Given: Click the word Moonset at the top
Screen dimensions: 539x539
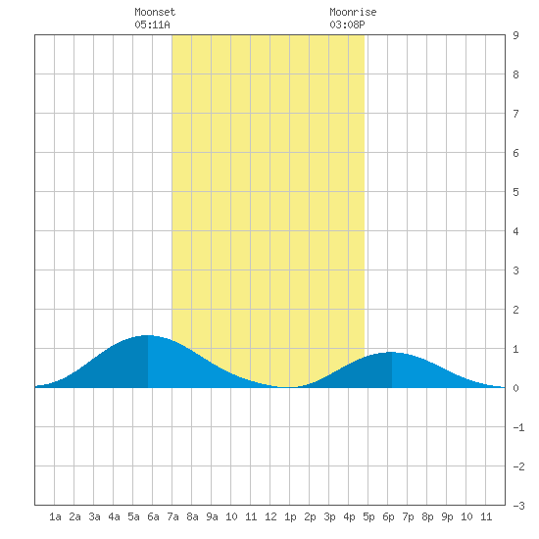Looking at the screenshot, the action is [x=155, y=12].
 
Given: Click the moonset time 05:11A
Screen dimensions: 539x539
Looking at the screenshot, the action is [x=152, y=24].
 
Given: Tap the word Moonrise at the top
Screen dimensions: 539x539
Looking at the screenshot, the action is [x=353, y=12].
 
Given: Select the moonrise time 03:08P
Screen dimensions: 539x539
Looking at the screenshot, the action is [x=347, y=24].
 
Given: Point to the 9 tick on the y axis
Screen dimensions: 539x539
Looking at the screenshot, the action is [x=515, y=35].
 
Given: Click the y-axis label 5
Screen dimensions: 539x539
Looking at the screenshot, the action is [x=515, y=192].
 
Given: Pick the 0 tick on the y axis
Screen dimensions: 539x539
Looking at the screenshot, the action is [x=515, y=388].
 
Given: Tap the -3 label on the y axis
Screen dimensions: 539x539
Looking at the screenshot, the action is [x=518, y=506].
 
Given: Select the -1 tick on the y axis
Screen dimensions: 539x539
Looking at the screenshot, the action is [x=518, y=427].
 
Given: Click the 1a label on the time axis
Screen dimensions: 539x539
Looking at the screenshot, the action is [x=55, y=516].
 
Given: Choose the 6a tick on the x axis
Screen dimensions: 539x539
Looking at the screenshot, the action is [x=153, y=516].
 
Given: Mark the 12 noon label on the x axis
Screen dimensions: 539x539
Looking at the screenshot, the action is [x=270, y=516].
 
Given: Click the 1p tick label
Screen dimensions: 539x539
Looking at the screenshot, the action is [x=290, y=516].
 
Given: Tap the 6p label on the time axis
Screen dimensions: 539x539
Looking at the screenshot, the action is [x=388, y=516].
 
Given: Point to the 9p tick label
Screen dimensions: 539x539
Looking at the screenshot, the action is [x=447, y=516].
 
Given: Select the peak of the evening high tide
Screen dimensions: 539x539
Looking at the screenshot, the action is [x=392, y=352].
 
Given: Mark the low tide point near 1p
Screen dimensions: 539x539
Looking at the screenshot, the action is [x=287, y=387].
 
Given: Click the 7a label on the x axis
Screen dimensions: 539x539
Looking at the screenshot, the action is [x=172, y=516].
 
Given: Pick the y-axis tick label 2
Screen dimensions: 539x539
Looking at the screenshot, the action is [x=515, y=310].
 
